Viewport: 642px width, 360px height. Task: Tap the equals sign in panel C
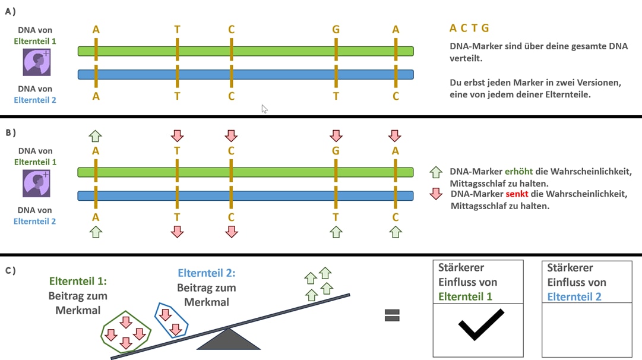(x=392, y=315)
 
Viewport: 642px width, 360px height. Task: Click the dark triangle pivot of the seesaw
(x=229, y=339)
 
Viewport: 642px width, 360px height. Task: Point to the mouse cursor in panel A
(x=264, y=109)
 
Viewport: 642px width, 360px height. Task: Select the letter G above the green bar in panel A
(x=336, y=30)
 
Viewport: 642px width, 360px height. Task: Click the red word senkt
(x=517, y=194)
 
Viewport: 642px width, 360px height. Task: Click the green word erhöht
(x=518, y=171)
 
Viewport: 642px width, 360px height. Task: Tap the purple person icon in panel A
(x=37, y=62)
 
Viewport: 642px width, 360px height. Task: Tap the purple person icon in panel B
(x=36, y=184)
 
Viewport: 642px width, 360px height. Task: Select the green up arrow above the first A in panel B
(x=96, y=136)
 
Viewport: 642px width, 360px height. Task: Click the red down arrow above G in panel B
(x=336, y=135)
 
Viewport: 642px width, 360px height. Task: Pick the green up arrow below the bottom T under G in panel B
(x=336, y=232)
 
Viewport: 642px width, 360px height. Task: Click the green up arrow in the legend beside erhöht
(x=436, y=172)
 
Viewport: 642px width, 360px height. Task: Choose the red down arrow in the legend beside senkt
(x=436, y=194)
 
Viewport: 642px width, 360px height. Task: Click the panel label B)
(x=11, y=132)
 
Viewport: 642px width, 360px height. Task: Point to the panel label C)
(x=11, y=270)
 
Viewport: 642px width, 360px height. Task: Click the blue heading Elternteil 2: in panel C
(x=206, y=273)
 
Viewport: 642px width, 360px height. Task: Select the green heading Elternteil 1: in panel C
(x=78, y=281)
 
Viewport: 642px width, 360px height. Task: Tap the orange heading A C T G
(x=469, y=28)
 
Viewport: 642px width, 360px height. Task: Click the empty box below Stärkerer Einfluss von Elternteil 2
(x=587, y=330)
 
